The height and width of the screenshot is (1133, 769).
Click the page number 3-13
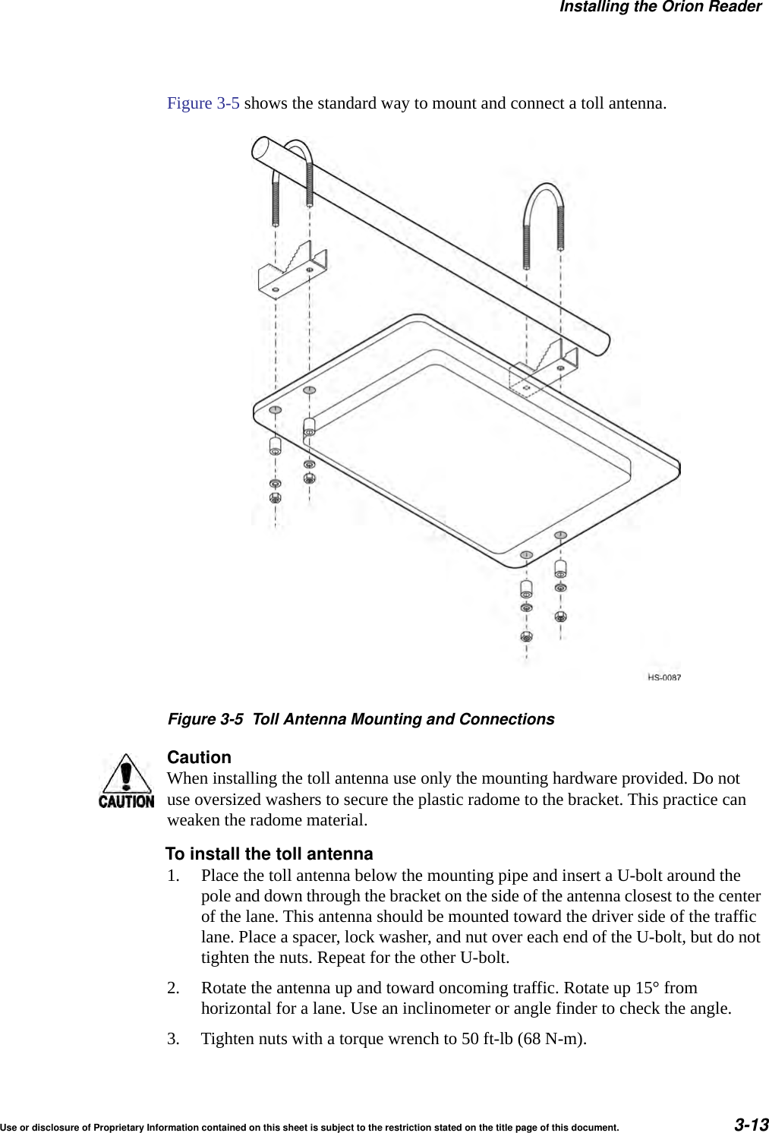coord(751,1124)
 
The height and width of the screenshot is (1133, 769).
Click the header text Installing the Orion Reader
coord(660,8)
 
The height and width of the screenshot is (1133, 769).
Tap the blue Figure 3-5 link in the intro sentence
coord(203,103)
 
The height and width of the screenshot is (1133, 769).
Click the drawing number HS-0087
coord(663,677)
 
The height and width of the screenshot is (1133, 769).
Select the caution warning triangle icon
coord(126,780)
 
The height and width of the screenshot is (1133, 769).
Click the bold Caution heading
coord(199,757)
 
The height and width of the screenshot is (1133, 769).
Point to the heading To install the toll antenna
coord(269,854)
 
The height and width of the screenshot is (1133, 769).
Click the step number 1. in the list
coord(174,876)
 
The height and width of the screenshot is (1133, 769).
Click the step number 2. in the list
coord(174,988)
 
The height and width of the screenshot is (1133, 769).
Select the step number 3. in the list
coord(174,1039)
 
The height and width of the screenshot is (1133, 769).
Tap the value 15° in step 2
coord(647,988)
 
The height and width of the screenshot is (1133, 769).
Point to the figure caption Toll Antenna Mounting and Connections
coord(403,719)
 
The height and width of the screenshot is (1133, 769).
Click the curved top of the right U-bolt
coord(544,190)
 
